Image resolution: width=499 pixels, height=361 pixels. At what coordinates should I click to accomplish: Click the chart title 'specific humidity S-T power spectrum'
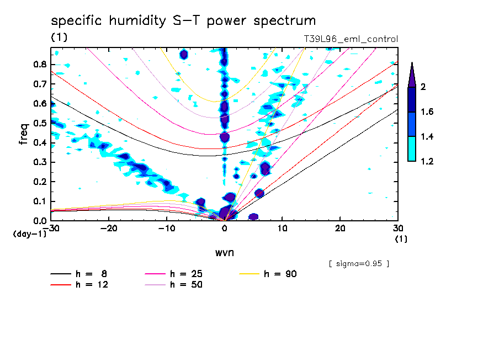tap(183, 21)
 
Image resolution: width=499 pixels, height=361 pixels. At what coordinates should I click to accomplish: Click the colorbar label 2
tap(423, 87)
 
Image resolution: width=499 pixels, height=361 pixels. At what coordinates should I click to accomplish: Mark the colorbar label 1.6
tap(426, 112)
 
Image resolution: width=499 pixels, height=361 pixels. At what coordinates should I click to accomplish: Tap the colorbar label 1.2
tap(426, 162)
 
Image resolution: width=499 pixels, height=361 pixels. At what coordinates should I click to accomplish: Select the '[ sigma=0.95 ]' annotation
tap(359, 263)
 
